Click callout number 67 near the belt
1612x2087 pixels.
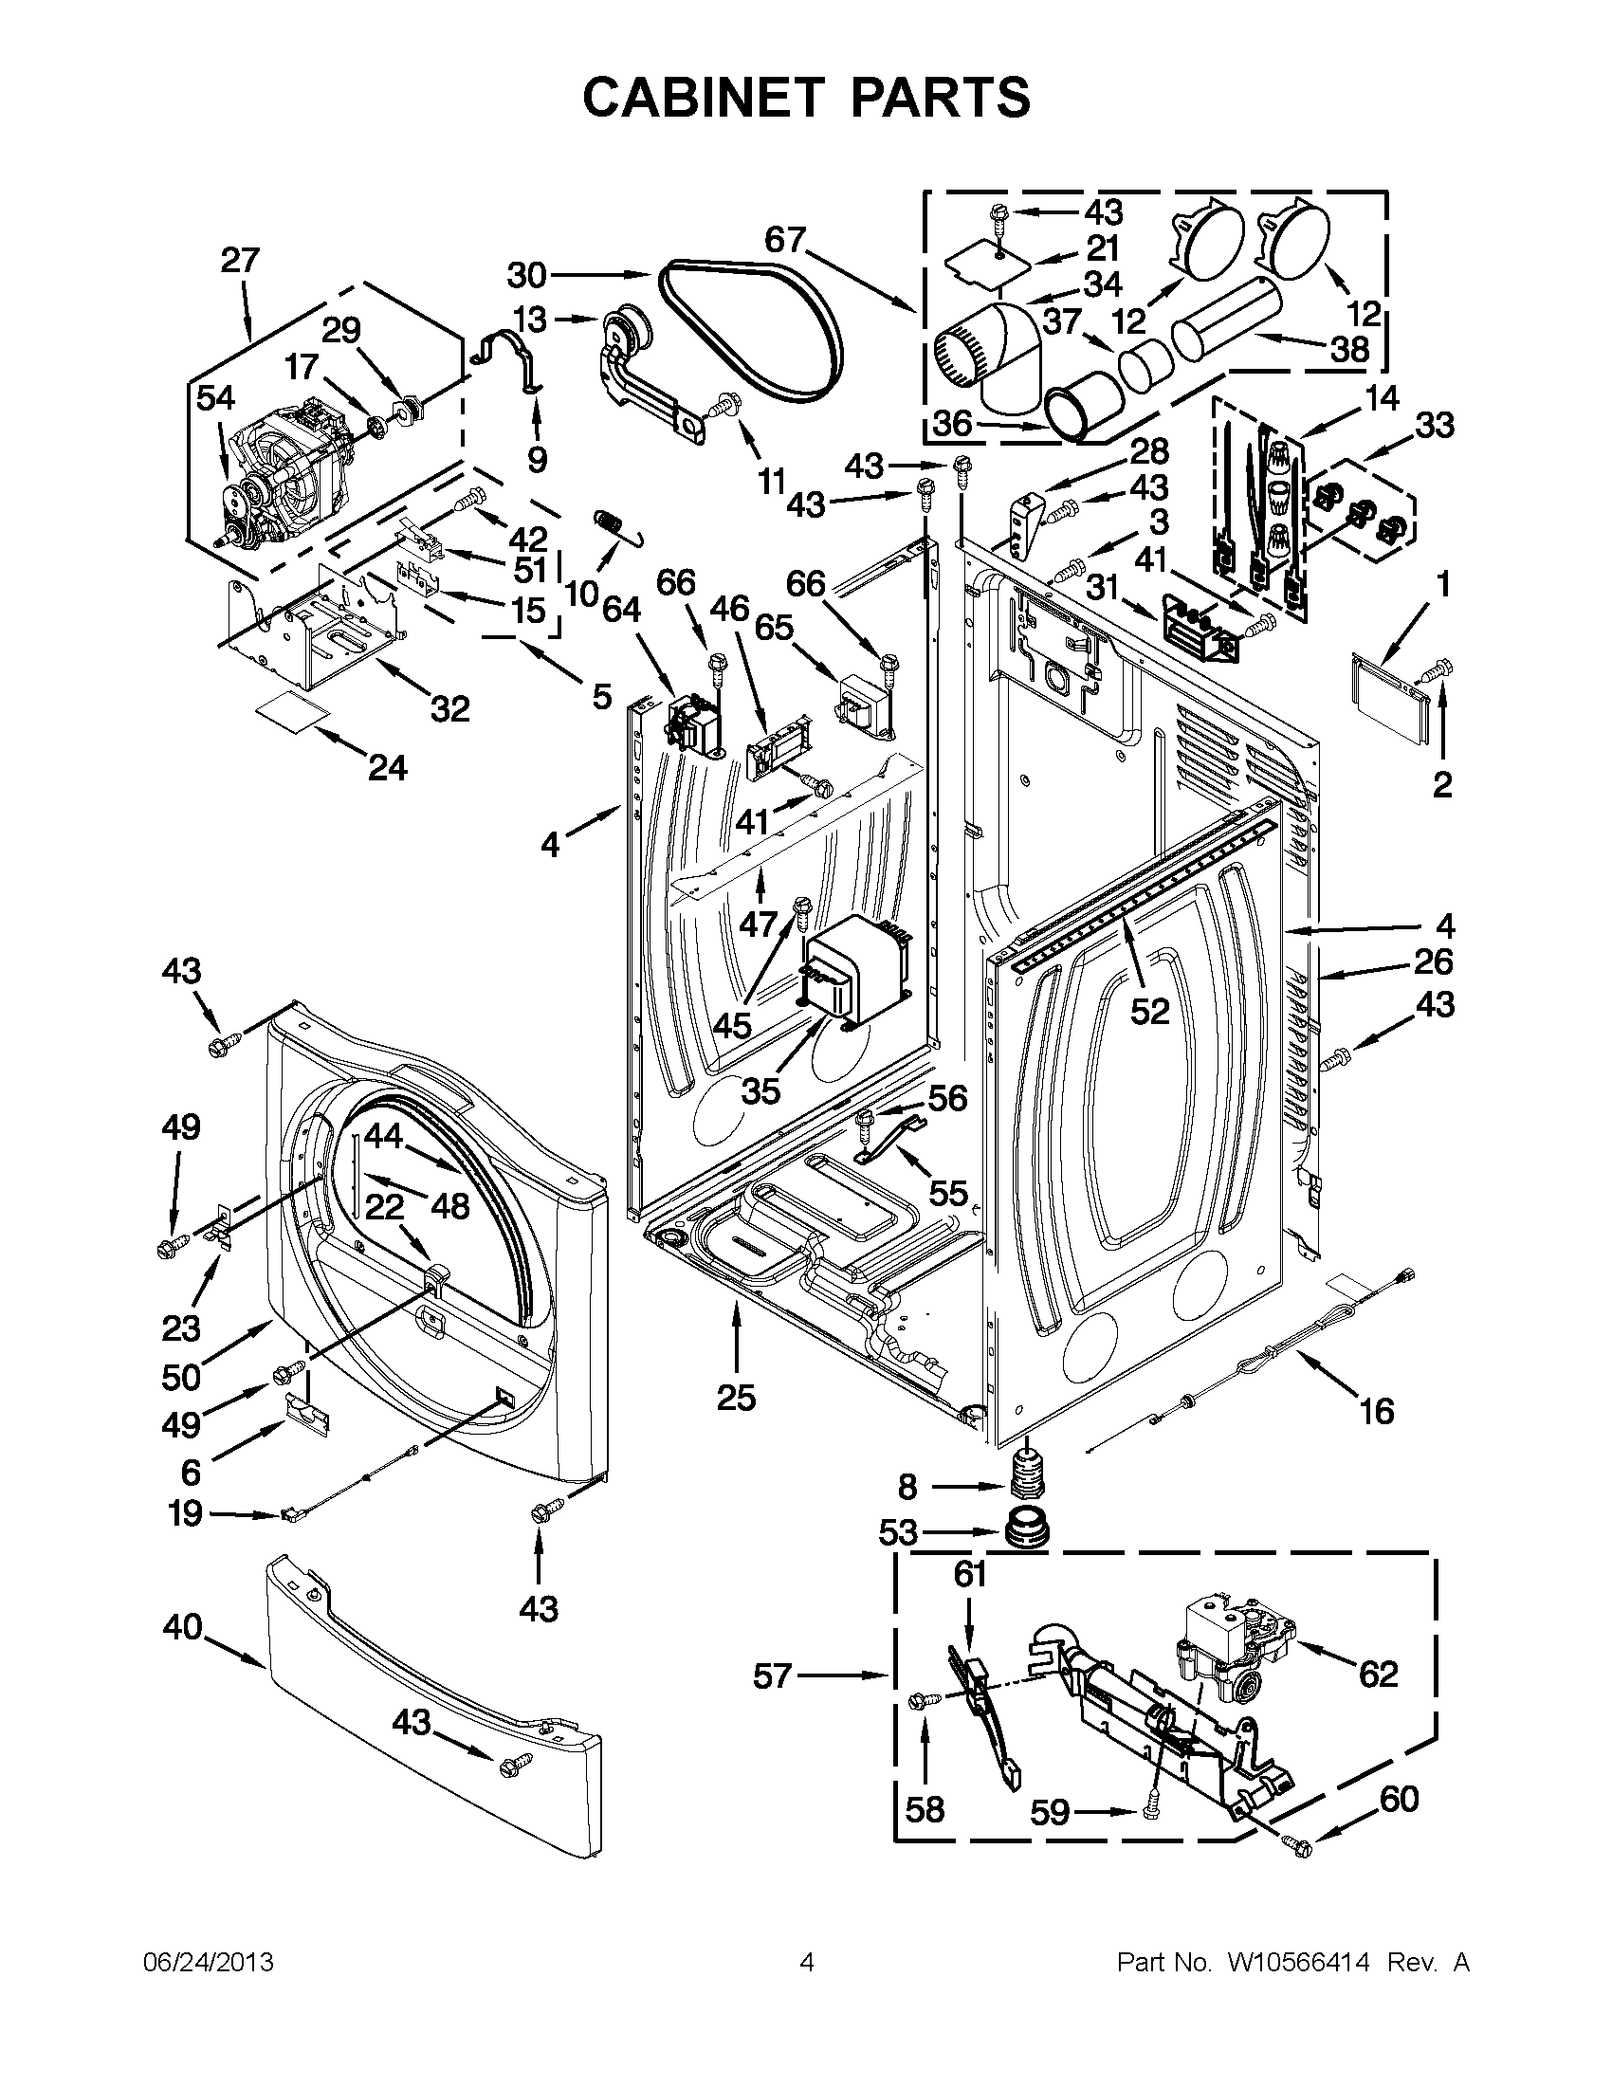[785, 240]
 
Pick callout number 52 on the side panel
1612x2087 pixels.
[1149, 1011]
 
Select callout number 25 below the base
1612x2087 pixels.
[736, 1397]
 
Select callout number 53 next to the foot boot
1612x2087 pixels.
[898, 1532]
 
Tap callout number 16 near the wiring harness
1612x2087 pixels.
[1377, 1410]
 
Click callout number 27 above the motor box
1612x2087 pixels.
[240, 260]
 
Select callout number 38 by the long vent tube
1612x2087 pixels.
[1350, 350]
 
